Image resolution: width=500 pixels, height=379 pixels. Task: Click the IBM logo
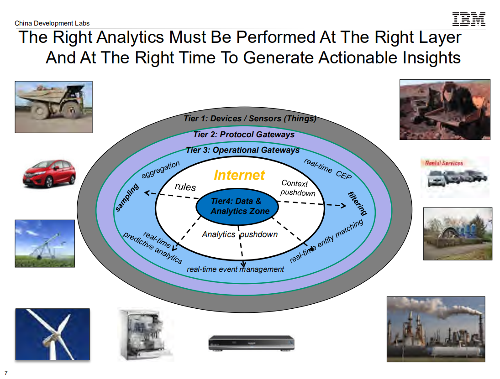[x=469, y=19]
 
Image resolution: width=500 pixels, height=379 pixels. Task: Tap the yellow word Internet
[x=239, y=175]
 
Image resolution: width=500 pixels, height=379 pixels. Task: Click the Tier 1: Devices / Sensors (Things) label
[x=250, y=119]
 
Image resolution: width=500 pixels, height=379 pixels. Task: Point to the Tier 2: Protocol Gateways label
[x=243, y=135]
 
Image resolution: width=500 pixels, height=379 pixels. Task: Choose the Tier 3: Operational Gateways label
[x=242, y=150]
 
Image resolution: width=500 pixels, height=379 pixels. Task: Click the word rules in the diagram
[x=185, y=187]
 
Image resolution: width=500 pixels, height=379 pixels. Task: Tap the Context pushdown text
[x=297, y=188]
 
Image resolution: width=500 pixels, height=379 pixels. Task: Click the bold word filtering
[x=357, y=203]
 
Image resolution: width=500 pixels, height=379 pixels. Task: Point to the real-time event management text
[x=235, y=269]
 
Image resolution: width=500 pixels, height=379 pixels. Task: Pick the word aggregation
[x=161, y=170]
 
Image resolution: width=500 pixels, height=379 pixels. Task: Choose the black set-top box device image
[x=252, y=343]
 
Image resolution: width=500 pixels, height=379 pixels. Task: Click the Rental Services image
[x=454, y=177]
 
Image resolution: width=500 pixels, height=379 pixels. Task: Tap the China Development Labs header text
[x=52, y=23]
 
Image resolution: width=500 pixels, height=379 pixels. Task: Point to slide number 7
[x=6, y=373]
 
